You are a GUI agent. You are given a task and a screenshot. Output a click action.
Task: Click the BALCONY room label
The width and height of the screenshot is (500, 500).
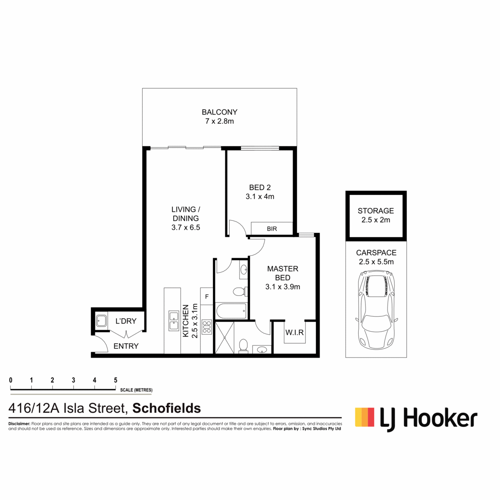[x=219, y=112]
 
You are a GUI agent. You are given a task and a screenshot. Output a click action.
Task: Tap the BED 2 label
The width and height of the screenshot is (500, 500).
[x=260, y=187]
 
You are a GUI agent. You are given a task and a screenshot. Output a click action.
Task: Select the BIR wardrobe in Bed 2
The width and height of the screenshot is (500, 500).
[x=272, y=228]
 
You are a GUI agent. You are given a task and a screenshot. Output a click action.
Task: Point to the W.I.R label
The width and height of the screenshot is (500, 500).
[x=294, y=332]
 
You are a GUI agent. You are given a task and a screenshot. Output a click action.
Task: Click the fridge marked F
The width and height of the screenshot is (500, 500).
[x=207, y=296]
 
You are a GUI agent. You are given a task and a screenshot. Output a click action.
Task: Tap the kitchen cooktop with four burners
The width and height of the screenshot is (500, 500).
[x=207, y=327]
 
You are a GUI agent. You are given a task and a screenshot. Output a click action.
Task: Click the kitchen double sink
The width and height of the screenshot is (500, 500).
[x=174, y=321]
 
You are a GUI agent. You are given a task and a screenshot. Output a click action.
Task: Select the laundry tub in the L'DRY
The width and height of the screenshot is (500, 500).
[x=101, y=321]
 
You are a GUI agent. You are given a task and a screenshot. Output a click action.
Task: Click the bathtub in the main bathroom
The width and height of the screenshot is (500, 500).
[x=231, y=311]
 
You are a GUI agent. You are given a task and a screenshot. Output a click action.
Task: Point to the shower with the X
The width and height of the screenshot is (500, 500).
[x=225, y=337]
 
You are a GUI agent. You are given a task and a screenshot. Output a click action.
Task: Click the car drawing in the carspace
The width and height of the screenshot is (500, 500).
[x=376, y=310]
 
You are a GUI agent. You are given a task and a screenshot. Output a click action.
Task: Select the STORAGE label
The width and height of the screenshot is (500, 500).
[x=375, y=211]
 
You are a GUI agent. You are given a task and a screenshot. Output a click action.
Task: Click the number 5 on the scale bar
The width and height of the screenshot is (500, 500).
[x=115, y=380]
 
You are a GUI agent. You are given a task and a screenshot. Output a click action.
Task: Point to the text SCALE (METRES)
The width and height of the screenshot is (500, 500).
[x=136, y=390]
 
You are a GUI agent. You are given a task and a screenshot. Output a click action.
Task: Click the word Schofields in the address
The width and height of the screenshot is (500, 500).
[x=167, y=408]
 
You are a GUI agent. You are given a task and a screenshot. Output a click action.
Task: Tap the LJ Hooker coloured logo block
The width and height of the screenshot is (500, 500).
[x=365, y=417]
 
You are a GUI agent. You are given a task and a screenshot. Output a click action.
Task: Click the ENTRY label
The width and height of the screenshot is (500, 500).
[x=126, y=346]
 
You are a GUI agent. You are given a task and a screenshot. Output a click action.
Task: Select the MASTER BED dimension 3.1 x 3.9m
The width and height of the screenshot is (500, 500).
[x=282, y=287]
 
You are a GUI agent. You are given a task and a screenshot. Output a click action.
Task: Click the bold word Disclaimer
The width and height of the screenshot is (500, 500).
[x=19, y=424]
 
